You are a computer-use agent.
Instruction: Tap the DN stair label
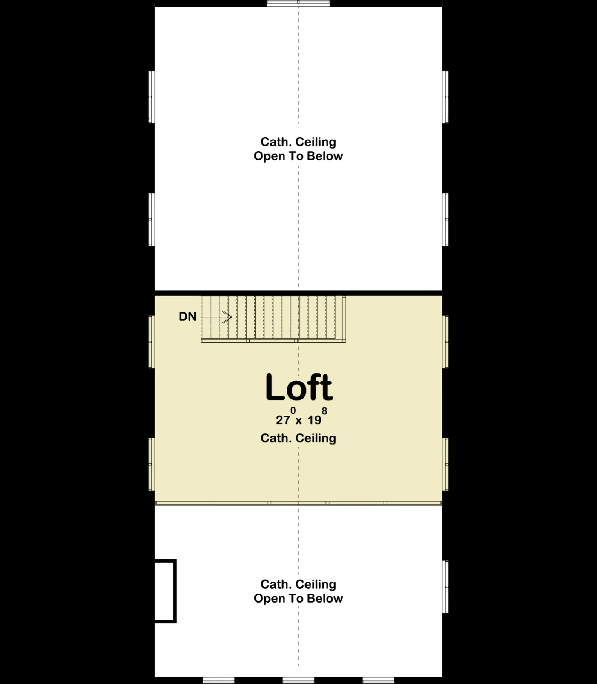(x=187, y=316)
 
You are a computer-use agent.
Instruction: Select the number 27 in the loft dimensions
(x=283, y=420)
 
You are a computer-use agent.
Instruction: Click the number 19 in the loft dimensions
(x=314, y=420)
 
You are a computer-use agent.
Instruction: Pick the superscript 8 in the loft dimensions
(x=324, y=411)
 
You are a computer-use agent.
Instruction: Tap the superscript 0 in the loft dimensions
(x=293, y=411)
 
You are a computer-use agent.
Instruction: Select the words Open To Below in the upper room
(x=298, y=156)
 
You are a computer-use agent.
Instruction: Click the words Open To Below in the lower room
(x=298, y=598)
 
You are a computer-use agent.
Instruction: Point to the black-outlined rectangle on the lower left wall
(x=165, y=591)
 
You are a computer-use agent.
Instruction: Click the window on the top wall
(x=298, y=3)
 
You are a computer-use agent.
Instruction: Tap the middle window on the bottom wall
(x=298, y=680)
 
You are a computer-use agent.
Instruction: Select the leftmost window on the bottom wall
(x=219, y=680)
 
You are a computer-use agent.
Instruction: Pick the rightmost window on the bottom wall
(x=378, y=680)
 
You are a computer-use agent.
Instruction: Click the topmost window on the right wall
(x=445, y=97)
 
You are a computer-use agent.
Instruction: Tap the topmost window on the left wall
(x=151, y=97)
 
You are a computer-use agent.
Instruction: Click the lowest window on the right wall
(x=445, y=587)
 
